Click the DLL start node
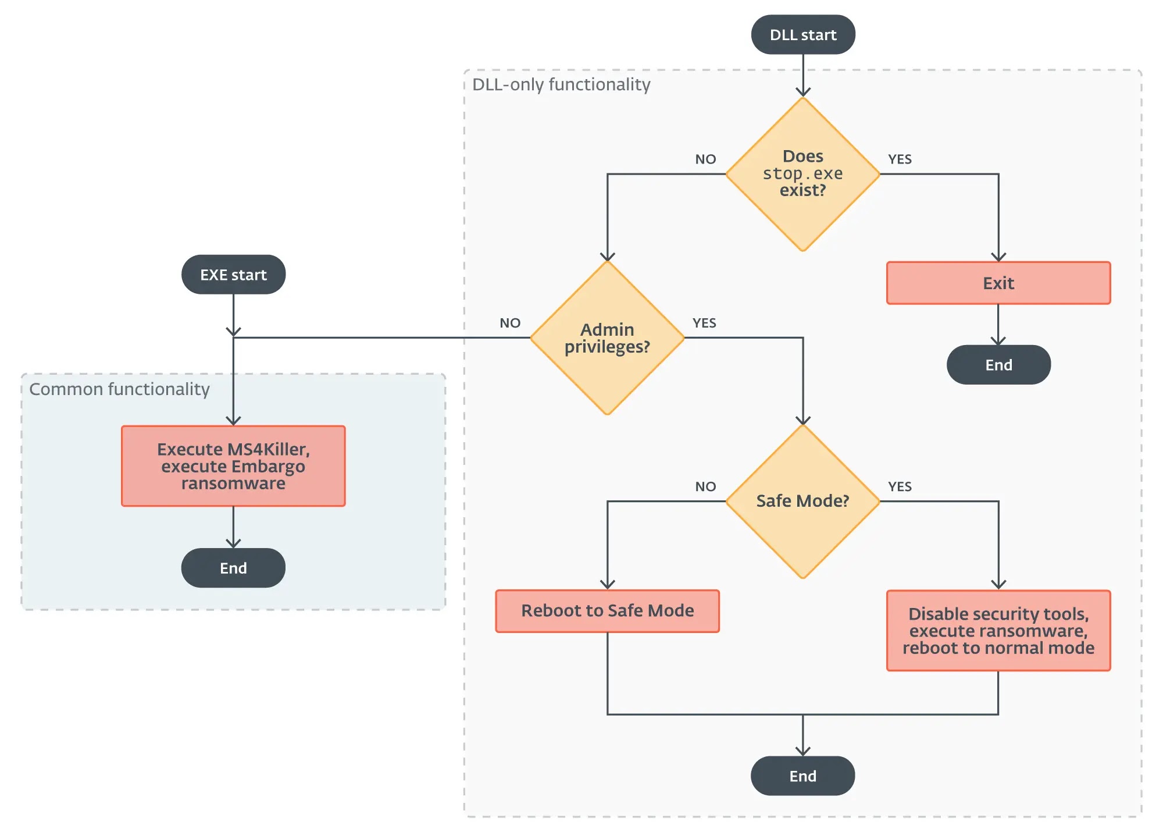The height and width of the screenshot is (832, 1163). click(x=803, y=35)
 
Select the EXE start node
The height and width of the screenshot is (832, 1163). click(x=233, y=275)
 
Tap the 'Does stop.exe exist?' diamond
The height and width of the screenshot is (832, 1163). click(x=803, y=174)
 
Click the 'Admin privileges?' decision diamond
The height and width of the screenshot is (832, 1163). click(x=607, y=337)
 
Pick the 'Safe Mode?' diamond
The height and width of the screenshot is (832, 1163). click(x=803, y=501)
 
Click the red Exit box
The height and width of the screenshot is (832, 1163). click(x=998, y=283)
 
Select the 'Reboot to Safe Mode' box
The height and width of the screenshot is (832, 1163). click(x=607, y=611)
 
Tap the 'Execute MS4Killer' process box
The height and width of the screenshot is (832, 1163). click(x=233, y=466)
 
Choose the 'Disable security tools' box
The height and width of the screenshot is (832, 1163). click(x=998, y=631)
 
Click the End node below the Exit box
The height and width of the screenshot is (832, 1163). click(x=998, y=365)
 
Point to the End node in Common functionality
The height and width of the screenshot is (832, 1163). click(x=233, y=568)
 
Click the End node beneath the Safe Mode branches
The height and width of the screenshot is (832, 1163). click(x=803, y=776)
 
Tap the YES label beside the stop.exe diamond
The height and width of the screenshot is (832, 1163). click(x=900, y=159)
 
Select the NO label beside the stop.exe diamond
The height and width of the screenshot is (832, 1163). click(x=705, y=159)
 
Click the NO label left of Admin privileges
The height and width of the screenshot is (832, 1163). click(x=510, y=323)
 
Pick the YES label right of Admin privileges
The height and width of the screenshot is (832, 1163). click(x=704, y=323)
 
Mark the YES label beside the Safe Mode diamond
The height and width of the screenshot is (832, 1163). click(x=900, y=486)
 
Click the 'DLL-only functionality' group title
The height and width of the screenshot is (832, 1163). click(x=561, y=85)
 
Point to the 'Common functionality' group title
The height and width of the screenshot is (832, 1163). click(x=119, y=389)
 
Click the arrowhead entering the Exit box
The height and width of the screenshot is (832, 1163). click(x=998, y=258)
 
